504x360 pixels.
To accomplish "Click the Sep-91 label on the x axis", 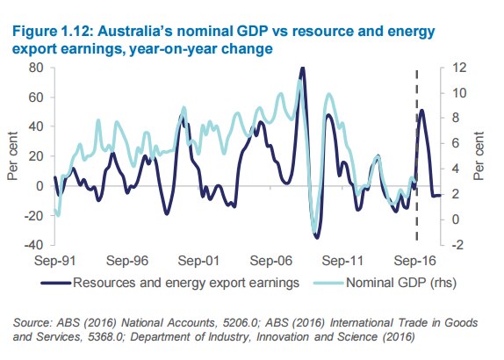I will pyautogui.click(x=54, y=261).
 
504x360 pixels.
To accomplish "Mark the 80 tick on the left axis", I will pyautogui.click(x=35, y=68).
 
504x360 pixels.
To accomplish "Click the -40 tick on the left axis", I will pyautogui.click(x=32, y=245).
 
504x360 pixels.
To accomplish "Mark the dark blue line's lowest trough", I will pyautogui.click(x=316, y=236).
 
